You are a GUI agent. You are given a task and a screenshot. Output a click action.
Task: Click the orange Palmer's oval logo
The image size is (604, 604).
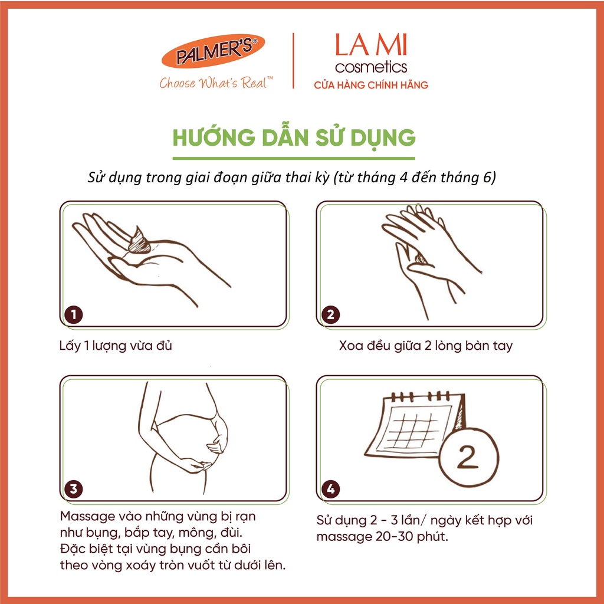(213, 51)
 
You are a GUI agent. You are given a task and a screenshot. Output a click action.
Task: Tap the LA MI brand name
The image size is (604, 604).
(371, 45)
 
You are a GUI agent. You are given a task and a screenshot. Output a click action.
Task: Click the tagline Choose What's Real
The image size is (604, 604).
(216, 83)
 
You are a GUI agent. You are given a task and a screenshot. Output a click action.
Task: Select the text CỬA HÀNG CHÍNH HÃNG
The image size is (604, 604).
(371, 85)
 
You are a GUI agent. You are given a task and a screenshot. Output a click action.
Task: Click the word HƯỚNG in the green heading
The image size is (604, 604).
(214, 137)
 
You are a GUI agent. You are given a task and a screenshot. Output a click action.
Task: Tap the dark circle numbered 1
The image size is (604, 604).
(74, 314)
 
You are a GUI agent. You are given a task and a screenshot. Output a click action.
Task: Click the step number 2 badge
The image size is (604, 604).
(330, 314)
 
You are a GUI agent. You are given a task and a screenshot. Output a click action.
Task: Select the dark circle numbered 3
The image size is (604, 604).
(74, 489)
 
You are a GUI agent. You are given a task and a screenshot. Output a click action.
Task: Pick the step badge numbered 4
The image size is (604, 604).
(330, 489)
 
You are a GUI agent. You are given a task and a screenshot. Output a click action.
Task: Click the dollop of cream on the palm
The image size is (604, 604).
(139, 241)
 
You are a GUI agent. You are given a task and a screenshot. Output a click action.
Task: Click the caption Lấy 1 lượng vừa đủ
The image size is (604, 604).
(116, 346)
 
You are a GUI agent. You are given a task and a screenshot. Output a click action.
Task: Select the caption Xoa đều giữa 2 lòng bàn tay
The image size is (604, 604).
(426, 346)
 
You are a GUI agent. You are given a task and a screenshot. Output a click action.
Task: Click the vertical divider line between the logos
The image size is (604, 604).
(294, 61)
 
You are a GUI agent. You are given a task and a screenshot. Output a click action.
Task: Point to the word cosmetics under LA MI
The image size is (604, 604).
(371, 67)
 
